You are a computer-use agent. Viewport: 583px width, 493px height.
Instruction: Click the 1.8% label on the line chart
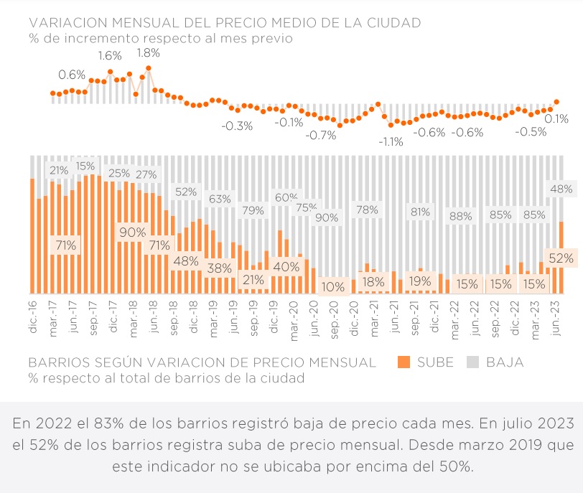point(148,52)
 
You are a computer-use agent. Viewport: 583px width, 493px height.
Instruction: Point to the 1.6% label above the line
point(110,55)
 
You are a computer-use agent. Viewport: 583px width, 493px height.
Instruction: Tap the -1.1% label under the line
point(391,141)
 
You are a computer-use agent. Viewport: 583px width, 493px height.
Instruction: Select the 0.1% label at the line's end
point(556,118)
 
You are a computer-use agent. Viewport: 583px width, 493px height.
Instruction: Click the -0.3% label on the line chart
point(237,126)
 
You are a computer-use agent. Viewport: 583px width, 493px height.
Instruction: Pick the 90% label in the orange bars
point(133,233)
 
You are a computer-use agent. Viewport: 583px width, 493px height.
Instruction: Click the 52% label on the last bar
point(560,258)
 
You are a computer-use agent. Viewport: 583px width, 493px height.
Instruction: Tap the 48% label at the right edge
point(560,189)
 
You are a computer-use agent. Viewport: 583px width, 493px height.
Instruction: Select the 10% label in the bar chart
point(332,286)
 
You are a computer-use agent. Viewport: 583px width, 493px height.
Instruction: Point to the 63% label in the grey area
point(220,199)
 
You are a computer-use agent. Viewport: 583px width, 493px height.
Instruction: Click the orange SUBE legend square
point(403,362)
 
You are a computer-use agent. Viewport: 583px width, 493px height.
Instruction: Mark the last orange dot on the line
point(556,102)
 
